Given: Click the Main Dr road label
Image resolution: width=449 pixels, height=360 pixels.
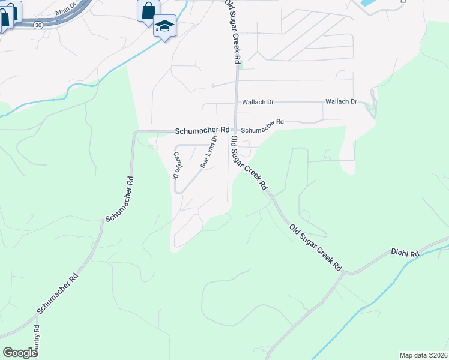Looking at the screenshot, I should [66, 11].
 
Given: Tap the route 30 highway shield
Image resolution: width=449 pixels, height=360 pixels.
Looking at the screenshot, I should [38, 25].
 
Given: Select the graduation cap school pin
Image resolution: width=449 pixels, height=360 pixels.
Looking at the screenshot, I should [164, 26].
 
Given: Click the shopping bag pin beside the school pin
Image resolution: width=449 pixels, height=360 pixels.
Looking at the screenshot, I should [148, 10].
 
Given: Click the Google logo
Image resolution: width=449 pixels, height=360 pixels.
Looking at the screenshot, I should [20, 352].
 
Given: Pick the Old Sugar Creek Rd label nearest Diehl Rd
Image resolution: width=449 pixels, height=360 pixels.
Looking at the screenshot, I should [315, 247].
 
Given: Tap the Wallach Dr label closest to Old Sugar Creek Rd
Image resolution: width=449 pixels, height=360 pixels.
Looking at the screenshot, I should [258, 103].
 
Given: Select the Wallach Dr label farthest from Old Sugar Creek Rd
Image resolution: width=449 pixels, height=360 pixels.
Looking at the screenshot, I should [341, 102].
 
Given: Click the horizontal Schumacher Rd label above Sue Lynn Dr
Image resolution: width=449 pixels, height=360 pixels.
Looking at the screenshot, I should [202, 130].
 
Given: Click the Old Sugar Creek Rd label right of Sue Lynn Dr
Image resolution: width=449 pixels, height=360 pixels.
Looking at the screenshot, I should [249, 163].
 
